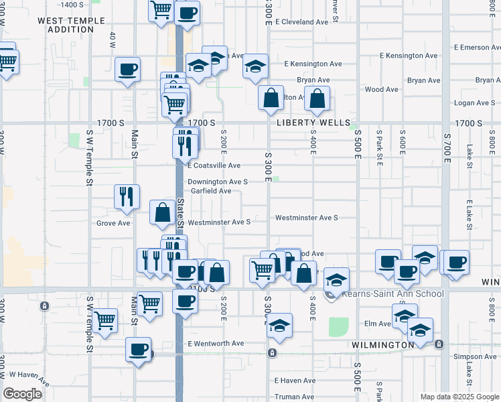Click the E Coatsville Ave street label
point(214,165)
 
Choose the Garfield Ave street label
point(211,191)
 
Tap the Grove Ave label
point(113,223)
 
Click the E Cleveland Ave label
point(304,22)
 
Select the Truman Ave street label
point(295,397)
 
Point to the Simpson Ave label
point(476,357)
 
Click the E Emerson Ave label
point(476,48)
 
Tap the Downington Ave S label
point(218,182)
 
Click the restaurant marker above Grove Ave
point(127,196)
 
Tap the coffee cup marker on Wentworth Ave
point(139,350)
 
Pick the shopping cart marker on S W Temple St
point(105,321)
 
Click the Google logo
point(22,393)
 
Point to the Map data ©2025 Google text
point(459,397)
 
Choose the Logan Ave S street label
point(474,103)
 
